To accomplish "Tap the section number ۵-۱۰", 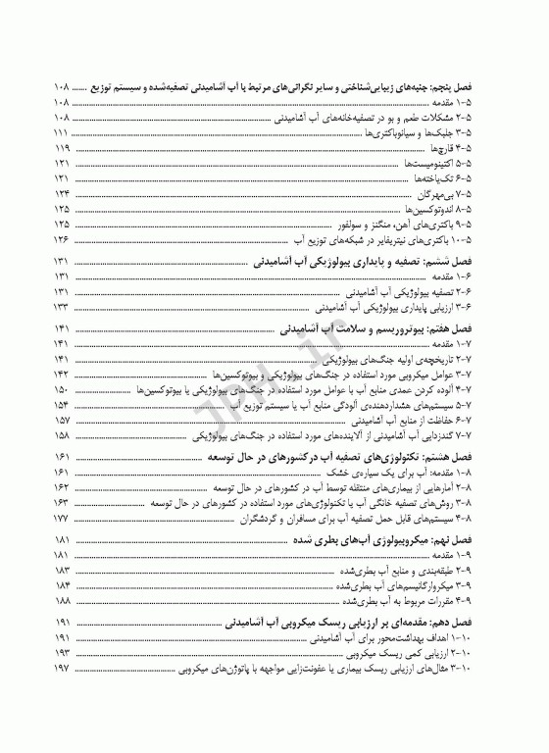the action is pos(465,240).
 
